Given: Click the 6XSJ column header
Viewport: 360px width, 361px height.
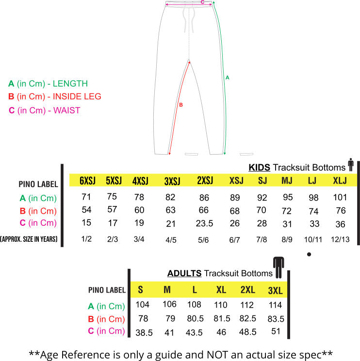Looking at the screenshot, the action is coord(87,180).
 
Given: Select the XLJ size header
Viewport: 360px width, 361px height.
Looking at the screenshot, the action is coord(340,180).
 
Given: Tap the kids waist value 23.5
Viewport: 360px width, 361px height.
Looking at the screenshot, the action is coord(204,223).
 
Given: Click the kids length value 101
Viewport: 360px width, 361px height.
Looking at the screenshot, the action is coord(340,197).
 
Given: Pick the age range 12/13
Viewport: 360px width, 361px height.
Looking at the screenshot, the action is coord(340,239).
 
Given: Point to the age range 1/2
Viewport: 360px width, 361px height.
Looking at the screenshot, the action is coord(86,239).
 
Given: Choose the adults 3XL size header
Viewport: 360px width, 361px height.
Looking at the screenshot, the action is coord(276,291).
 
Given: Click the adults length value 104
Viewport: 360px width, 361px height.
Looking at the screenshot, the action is coord(143,305).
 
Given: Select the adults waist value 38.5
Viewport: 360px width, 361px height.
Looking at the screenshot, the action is coord(144,333).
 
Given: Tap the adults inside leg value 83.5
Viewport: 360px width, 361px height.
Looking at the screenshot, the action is coord(276,319).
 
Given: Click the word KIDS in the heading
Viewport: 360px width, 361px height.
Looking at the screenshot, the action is coord(259,167).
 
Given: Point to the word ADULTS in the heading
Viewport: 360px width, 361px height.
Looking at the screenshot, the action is coord(184,273).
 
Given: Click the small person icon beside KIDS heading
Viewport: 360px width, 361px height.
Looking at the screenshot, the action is coord(351,165).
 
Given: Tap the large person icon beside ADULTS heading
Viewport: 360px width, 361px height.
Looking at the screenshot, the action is coord(278,267).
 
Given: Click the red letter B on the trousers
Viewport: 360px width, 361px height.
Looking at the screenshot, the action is coord(181,105).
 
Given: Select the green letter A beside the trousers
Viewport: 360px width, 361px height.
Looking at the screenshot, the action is coord(228,78).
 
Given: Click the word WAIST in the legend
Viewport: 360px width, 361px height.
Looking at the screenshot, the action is coord(67,110).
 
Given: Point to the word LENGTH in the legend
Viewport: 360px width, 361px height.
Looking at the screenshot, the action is coord(70,83).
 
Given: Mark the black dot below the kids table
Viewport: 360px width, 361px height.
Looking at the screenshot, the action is coord(309,254).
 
